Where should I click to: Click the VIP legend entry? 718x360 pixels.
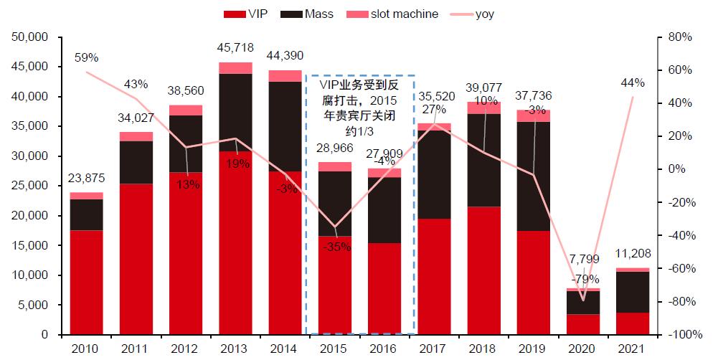(247, 14)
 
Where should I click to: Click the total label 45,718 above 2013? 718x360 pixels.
(235, 47)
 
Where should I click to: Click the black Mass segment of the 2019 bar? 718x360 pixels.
(532, 176)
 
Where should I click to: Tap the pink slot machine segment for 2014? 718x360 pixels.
(285, 75)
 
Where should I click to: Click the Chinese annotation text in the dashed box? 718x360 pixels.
(361, 108)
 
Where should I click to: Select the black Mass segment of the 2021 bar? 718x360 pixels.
(631, 292)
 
